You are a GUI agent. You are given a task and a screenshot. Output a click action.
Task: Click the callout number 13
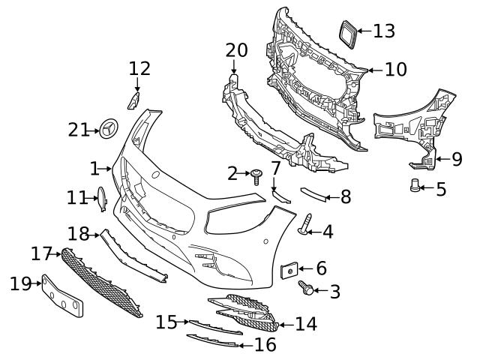[384, 31]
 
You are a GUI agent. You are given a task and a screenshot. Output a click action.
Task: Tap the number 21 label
[79, 130]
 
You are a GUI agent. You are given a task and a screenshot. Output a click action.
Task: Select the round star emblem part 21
[108, 129]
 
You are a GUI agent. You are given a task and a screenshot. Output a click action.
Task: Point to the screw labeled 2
[257, 175]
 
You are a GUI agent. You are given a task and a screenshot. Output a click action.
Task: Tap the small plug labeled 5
[415, 186]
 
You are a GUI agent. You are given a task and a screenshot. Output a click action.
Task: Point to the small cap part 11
[101, 198]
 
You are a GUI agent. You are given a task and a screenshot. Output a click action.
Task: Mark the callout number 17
[40, 253]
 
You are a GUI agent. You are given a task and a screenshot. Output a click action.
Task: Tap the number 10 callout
[395, 70]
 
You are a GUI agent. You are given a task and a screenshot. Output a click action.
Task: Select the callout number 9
[457, 160]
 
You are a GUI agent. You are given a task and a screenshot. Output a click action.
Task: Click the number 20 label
[236, 50]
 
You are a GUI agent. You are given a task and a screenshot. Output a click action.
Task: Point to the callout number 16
[265, 344]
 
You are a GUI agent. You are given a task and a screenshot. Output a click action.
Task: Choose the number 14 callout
[306, 324]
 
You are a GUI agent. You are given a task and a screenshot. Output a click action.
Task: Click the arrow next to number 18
[95, 235]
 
